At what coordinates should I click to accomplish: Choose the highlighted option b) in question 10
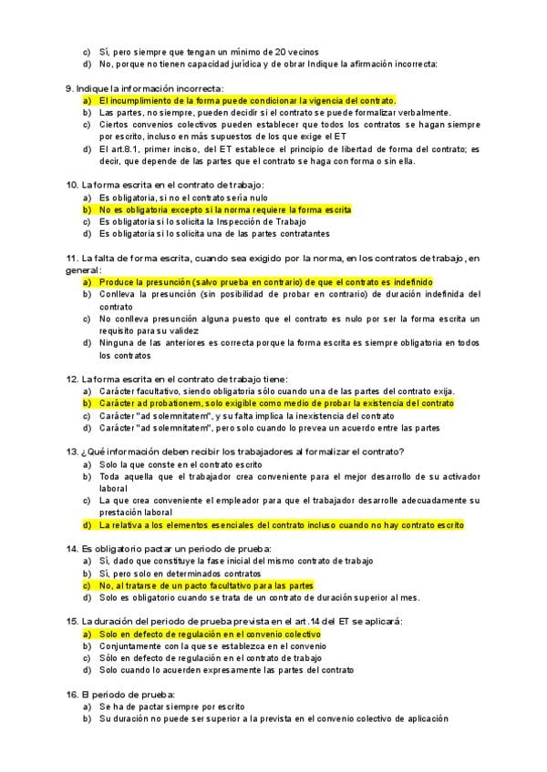[224, 209]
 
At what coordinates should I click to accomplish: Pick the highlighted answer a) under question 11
[264, 282]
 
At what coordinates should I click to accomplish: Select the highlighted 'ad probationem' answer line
[275, 402]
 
